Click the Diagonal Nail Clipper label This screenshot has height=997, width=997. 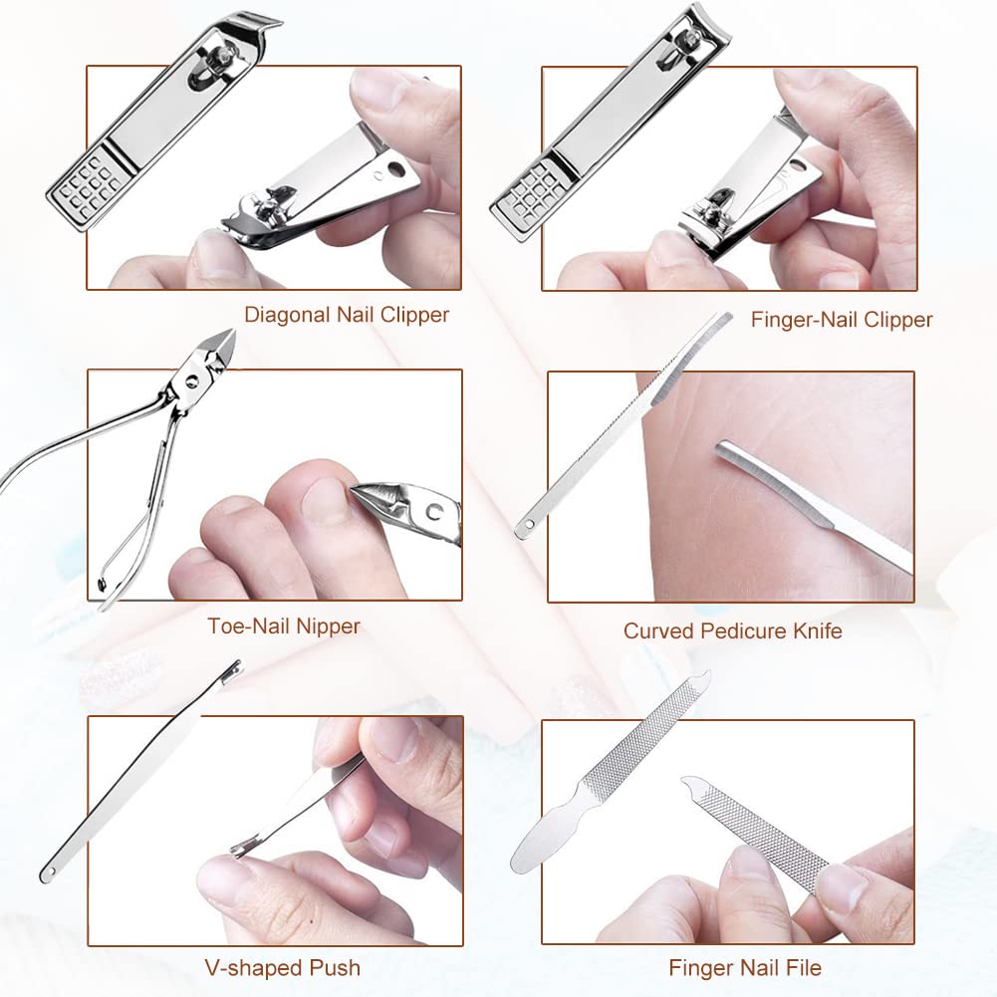pos(347,315)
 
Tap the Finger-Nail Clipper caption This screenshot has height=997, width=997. pos(842,320)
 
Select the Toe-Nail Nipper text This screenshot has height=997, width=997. pos(284,626)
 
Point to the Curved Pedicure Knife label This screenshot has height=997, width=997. pos(732,630)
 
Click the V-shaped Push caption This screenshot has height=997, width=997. pos(282,967)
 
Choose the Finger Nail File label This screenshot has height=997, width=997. pos(745,967)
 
